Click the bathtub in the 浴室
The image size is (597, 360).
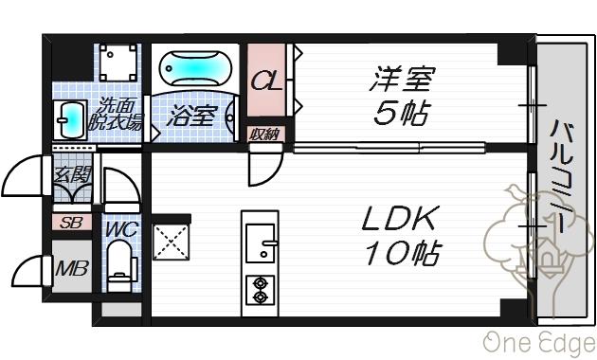click(x=193, y=69)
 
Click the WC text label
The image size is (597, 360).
click(x=119, y=228)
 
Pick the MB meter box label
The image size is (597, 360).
click(x=71, y=269)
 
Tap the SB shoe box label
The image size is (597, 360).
click(x=70, y=224)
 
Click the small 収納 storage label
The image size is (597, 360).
click(x=264, y=134)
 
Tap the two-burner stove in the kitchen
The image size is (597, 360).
click(x=259, y=288)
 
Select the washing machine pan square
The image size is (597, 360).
click(x=119, y=63)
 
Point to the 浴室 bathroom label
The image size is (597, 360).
click(x=193, y=117)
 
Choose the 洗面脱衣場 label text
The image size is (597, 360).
click(x=115, y=115)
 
